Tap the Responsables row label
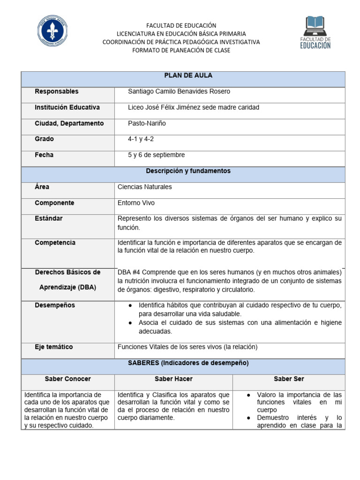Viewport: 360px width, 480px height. click(57, 91)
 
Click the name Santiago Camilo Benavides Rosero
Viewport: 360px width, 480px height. click(179, 91)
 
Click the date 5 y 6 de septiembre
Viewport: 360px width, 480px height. click(157, 155)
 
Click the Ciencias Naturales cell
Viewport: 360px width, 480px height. click(144, 187)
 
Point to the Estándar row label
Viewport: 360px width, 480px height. click(49, 218)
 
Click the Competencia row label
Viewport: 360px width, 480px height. click(55, 243)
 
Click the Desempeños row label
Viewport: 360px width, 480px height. click(55, 306)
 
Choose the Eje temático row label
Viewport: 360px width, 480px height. click(54, 347)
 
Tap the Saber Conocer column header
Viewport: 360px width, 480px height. click(68, 379)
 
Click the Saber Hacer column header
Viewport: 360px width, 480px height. click(173, 379)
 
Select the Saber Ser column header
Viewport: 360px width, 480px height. click(289, 379)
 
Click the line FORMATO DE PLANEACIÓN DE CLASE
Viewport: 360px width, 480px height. click(181, 51)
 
